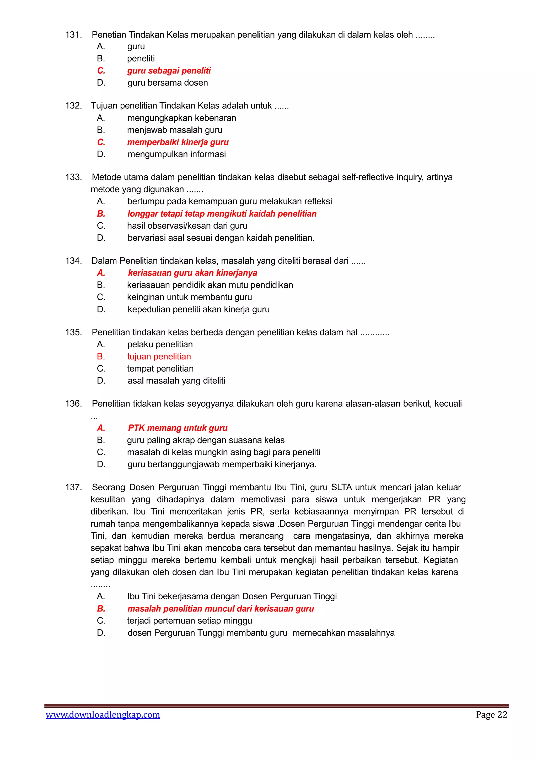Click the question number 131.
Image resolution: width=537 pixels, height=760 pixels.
point(73,35)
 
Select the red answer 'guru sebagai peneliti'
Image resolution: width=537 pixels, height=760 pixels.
point(169,71)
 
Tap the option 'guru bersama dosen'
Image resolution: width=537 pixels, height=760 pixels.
point(168,83)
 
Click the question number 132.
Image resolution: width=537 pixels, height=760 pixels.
point(73,106)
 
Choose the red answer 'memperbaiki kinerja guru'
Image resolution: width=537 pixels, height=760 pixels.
point(178,142)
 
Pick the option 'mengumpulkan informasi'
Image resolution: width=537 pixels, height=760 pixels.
point(176,154)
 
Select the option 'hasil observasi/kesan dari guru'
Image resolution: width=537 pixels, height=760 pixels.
point(187,226)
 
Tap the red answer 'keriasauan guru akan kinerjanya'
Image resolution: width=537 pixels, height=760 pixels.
point(192,273)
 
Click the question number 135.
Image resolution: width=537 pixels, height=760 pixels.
point(73,332)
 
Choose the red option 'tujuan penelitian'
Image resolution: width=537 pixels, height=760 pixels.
point(159,357)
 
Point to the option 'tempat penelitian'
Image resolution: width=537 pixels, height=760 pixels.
point(160,369)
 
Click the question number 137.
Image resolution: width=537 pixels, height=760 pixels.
point(73,487)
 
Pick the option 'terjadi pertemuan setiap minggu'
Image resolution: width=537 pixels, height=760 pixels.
point(190,621)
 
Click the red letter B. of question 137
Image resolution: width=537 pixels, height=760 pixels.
point(101,609)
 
